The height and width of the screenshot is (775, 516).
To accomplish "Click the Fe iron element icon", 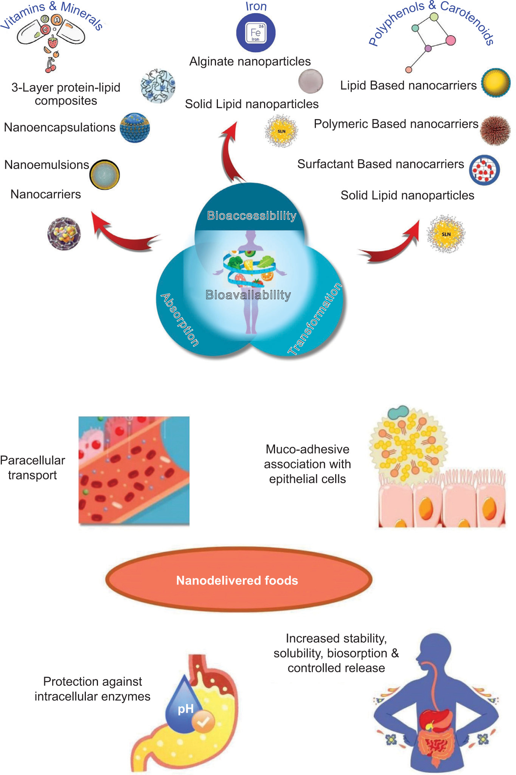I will point(255,33).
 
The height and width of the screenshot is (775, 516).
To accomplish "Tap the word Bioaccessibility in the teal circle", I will point(252,215).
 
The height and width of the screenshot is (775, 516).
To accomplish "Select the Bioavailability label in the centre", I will point(248,295).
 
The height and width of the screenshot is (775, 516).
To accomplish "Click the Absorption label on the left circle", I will point(180,319).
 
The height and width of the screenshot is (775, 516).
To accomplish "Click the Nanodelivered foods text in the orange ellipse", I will point(237,580).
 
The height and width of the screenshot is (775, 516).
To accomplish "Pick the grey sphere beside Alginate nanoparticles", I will point(311,81).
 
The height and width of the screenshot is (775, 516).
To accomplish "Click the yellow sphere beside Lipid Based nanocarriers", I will point(496,83).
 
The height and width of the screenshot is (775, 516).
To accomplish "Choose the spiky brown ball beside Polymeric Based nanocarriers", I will point(495,130).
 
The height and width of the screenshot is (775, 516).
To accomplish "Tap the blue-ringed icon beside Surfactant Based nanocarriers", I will point(484,170).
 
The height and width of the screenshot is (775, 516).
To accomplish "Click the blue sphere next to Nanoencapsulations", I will point(135,128).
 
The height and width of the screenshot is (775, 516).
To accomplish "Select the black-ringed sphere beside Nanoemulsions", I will point(105,174).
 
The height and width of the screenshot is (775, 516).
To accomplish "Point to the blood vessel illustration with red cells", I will point(134,471).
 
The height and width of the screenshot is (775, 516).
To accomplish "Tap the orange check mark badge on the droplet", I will point(203,722).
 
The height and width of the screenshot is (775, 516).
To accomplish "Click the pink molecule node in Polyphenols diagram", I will point(450,40).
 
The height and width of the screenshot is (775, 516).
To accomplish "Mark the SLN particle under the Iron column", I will point(281,131).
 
